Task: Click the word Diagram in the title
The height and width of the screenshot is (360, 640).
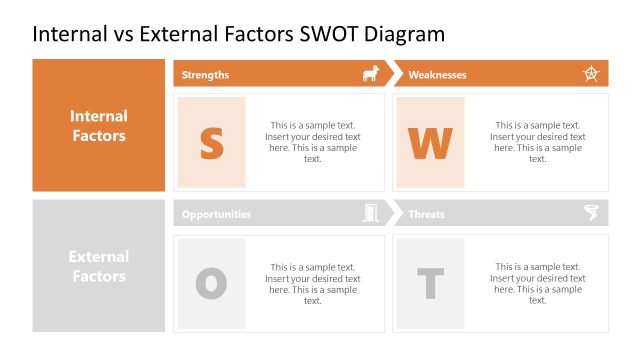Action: point(404,34)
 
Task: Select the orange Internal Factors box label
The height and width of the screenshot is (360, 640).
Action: point(99,126)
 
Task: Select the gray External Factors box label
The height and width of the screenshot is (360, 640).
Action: point(99,266)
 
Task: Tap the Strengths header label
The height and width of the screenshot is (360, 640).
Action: point(205,75)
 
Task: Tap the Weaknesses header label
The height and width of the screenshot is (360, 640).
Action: point(437,75)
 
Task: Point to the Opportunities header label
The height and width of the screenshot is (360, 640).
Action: point(216,214)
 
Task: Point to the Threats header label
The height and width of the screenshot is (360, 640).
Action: point(426,214)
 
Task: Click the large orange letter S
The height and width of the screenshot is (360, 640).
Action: point(211,143)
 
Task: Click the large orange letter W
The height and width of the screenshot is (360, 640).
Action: point(430,143)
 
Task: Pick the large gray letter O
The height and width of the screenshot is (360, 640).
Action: point(211,284)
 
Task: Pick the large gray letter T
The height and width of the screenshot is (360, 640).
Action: point(430,284)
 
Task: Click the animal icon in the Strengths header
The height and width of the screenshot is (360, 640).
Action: point(370,74)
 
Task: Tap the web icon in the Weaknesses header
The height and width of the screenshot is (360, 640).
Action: point(591,74)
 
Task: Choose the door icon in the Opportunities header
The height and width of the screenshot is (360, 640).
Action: point(371,213)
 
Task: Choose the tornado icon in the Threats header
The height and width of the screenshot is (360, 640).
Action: point(591,213)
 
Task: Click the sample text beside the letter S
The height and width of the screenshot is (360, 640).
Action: point(313,142)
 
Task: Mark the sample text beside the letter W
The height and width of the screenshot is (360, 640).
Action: point(537,142)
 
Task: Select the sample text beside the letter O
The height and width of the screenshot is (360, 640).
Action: point(313,283)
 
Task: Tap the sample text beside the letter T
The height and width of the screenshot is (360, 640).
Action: point(537,283)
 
